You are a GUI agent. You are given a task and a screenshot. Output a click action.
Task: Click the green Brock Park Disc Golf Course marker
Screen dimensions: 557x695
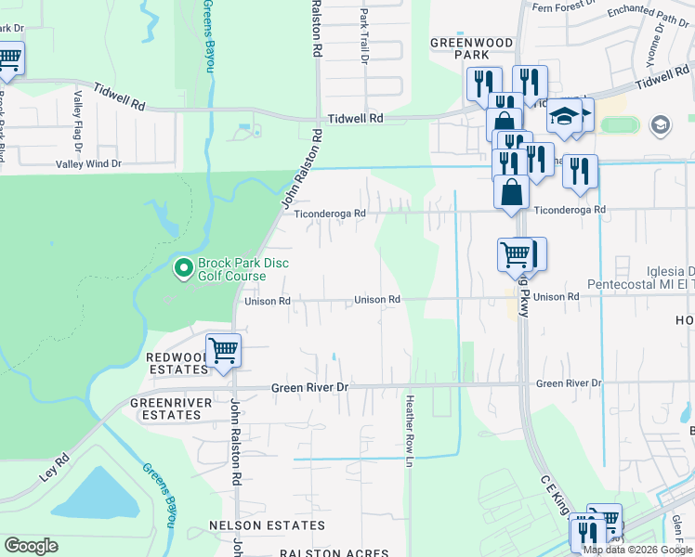[x=183, y=269]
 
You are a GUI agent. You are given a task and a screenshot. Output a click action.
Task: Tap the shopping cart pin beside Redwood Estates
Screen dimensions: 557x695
[x=223, y=352]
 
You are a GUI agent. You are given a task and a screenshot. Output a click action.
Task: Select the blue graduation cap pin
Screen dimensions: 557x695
[x=563, y=116]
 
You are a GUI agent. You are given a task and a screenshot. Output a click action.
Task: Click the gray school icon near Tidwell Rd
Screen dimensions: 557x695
[x=660, y=124]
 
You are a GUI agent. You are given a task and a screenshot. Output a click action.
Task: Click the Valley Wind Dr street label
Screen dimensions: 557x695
[x=88, y=164]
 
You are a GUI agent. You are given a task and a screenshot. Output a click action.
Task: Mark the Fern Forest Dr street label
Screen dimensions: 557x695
[x=563, y=6]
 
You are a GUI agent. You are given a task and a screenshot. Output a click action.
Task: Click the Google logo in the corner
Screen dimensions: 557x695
[x=31, y=546]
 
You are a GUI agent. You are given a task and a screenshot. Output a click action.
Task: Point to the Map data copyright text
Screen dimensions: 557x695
[x=637, y=550]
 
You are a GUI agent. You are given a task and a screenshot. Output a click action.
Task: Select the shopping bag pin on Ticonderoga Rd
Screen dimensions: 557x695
[x=511, y=193]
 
